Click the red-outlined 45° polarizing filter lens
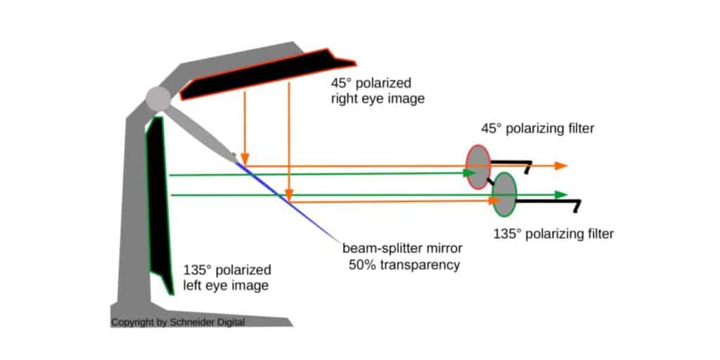pos(478,167)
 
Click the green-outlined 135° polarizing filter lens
pos(505,194)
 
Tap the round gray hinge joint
pos(158,99)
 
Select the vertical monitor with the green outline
pos(159,204)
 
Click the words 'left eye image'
pos(226,286)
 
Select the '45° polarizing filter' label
pos(537,129)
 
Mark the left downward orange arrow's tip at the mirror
pos(244,162)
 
